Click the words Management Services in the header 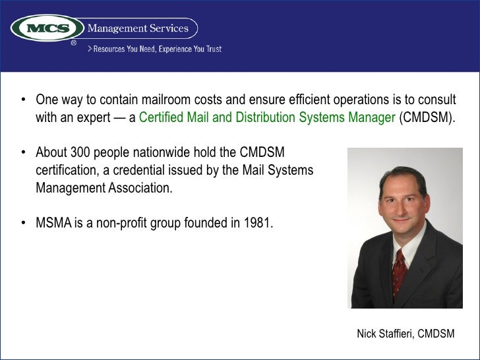tap(138, 28)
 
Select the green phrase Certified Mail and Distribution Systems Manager tap(268, 119)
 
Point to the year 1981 tap(258, 222)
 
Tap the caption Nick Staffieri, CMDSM tap(405, 334)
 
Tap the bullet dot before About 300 tap(23, 153)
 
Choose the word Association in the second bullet tap(139, 187)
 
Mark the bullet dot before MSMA tap(23, 222)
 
